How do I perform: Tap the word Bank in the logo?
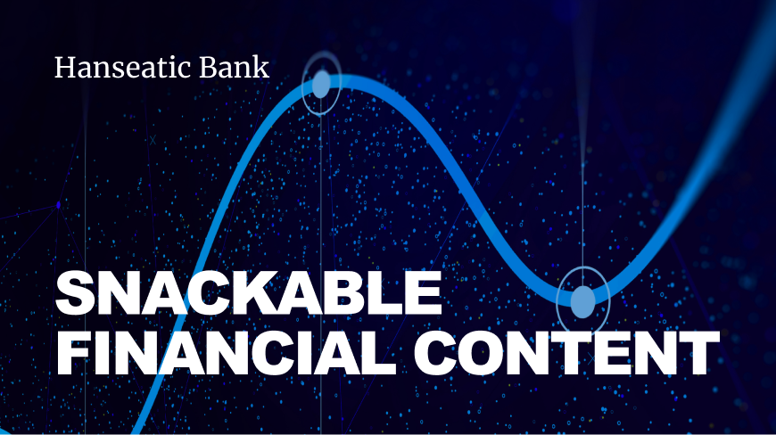pos(234,67)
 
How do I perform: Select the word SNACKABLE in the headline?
pos(249,293)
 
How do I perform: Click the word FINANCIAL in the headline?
pos(227,352)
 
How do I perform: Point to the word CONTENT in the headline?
pos(566,352)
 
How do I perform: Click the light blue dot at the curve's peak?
pos(321,85)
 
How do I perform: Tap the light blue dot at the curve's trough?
pos(583,301)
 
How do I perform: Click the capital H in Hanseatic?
pos(64,68)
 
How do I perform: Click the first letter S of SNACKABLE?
pos(75,293)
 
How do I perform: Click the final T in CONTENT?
pos(699,352)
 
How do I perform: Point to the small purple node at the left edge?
pos(58,205)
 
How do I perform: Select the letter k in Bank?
pos(260,67)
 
